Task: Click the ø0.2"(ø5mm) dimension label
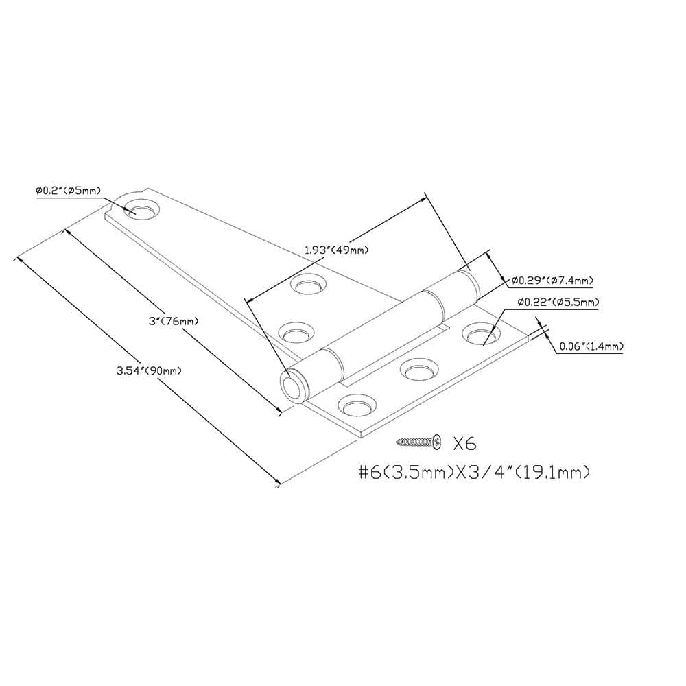tap(68, 191)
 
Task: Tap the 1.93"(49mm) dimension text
tap(336, 250)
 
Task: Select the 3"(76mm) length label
tap(174, 320)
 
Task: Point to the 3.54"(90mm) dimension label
tap(149, 370)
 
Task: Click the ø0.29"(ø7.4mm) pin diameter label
tap(552, 280)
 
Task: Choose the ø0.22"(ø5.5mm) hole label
tap(558, 302)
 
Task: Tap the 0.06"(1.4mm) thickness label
tap(591, 346)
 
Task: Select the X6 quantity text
tap(464, 444)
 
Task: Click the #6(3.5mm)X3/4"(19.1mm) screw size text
tap(474, 473)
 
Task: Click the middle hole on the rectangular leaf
tap(418, 370)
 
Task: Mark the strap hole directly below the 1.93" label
tap(310, 285)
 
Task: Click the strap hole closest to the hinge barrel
tap(297, 333)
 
